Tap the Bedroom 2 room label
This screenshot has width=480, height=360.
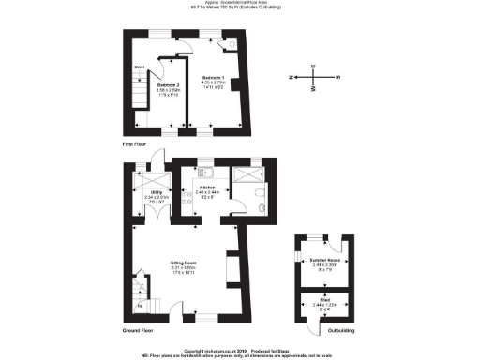pyautogui.click(x=169, y=85)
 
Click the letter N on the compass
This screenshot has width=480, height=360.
pyautogui.click(x=292, y=78)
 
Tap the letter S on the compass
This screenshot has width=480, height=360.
pyautogui.click(x=337, y=78)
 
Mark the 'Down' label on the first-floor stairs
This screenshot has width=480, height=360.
pyautogui.click(x=139, y=67)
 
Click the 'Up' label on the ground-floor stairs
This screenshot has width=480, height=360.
pyautogui.click(x=142, y=305)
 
